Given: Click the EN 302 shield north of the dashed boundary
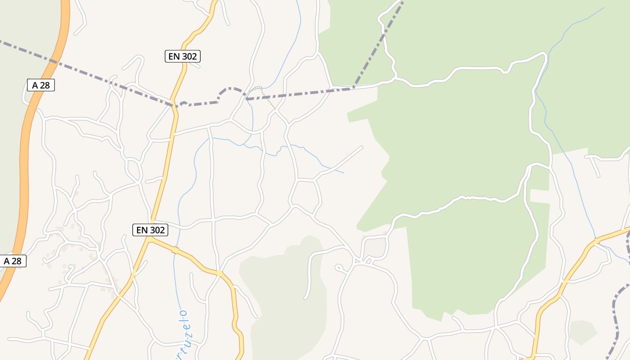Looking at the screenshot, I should [x=182, y=56].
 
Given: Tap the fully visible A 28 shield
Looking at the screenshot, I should [x=41, y=85].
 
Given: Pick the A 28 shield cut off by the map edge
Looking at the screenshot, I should [x=13, y=261].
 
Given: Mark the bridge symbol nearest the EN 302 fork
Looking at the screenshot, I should [x=175, y=250].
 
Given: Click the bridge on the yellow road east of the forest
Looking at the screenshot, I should [x=596, y=241].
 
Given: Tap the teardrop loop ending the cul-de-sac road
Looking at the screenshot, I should [x=339, y=268].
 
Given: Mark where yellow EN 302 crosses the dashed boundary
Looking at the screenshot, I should [x=174, y=106].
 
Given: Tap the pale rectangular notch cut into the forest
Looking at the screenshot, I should [x=540, y=197].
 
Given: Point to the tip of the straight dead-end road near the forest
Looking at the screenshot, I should [x=361, y=147].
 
